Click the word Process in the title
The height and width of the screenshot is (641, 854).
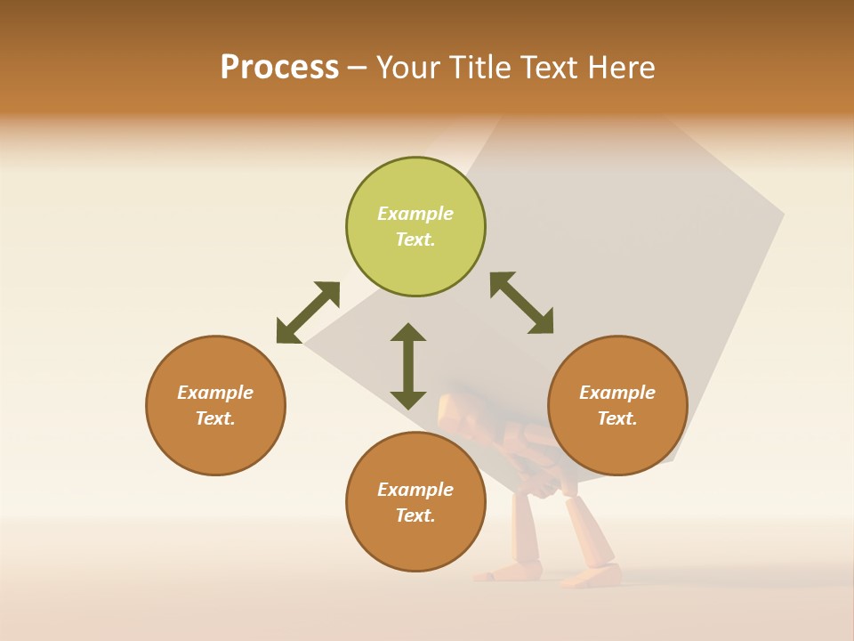click(279, 68)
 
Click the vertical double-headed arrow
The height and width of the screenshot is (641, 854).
click(408, 366)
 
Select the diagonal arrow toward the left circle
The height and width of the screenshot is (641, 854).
click(308, 312)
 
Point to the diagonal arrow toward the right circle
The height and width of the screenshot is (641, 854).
click(522, 303)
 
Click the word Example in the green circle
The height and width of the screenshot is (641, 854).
click(415, 214)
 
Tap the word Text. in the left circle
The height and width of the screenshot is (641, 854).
click(215, 418)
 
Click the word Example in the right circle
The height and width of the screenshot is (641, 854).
click(617, 393)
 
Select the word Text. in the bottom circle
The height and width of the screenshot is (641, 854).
click(415, 515)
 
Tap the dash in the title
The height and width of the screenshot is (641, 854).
click(357, 68)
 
